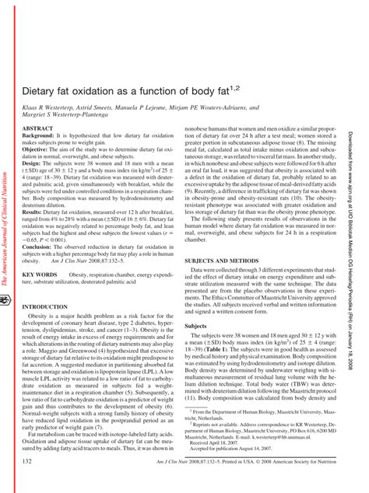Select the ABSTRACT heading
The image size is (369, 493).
point(38,127)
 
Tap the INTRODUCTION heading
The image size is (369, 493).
point(47,285)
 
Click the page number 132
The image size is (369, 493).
point(28,462)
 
